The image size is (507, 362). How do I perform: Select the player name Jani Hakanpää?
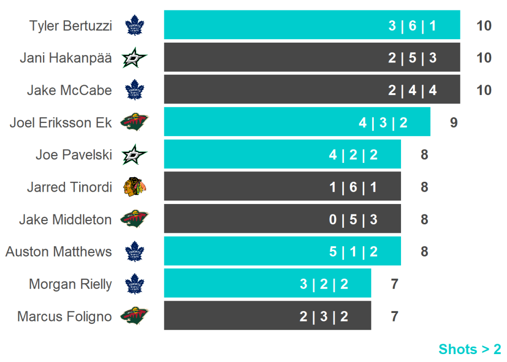[66, 58]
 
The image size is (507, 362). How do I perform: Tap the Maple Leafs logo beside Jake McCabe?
[134, 90]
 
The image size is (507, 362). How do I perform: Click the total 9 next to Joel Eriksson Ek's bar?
[454, 122]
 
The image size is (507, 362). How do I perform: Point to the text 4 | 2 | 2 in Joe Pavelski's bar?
[353, 155]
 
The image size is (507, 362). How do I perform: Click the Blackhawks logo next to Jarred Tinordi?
[134, 187]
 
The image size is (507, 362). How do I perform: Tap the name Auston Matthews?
[59, 252]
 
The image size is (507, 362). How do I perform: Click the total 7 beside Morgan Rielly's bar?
[394, 284]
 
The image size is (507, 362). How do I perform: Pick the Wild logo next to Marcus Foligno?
[134, 316]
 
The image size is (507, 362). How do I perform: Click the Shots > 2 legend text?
[469, 349]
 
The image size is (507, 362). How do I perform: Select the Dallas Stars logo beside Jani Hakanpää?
[134, 58]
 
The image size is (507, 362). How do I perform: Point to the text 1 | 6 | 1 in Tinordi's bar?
[353, 187]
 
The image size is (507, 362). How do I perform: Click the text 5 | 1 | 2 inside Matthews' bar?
[353, 252]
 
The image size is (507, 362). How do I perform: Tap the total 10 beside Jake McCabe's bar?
[483, 90]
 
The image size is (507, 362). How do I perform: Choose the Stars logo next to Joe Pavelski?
[134, 155]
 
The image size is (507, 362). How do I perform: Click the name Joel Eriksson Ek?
[61, 122]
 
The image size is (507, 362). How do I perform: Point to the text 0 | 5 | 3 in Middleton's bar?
[353, 219]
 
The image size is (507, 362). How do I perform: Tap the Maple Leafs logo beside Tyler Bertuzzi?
[134, 25]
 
